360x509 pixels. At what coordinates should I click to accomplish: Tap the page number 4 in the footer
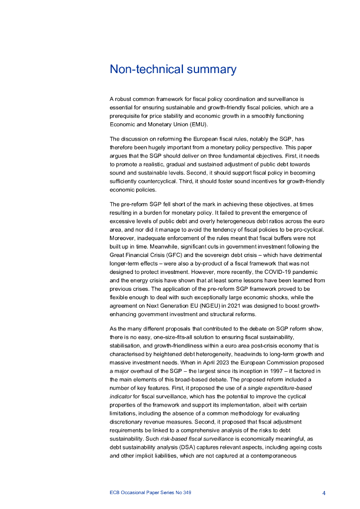pos(324,493)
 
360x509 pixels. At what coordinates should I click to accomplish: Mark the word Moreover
pos(122,238)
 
